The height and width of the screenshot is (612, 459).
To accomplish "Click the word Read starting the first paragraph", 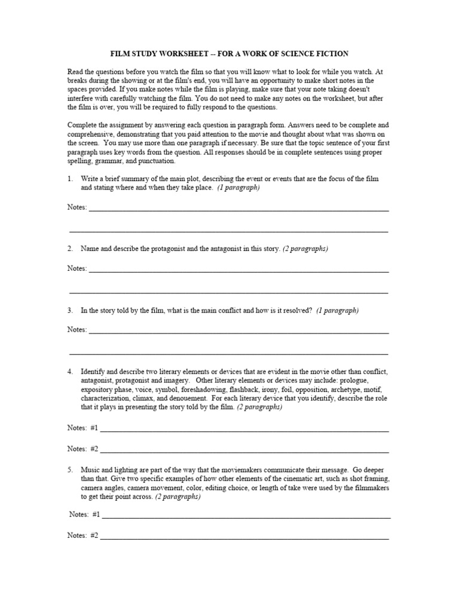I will [75, 71].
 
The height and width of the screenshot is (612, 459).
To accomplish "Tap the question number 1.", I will [70, 179].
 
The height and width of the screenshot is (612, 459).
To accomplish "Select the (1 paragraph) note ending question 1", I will [238, 187].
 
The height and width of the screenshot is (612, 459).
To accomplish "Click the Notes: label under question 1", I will [77, 207].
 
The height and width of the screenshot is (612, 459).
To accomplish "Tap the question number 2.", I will [70, 248].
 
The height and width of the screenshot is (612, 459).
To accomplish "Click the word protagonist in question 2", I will [157, 248].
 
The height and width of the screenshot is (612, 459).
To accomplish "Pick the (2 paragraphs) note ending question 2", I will [305, 248].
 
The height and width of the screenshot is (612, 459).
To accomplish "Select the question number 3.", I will [70, 310].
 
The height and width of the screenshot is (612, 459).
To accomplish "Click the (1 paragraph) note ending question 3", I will [338, 310].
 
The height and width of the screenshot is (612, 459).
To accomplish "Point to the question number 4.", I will [70, 372].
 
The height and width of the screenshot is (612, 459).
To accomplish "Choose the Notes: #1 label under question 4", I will [83, 428].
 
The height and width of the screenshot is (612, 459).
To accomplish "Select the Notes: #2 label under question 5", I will [83, 535].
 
